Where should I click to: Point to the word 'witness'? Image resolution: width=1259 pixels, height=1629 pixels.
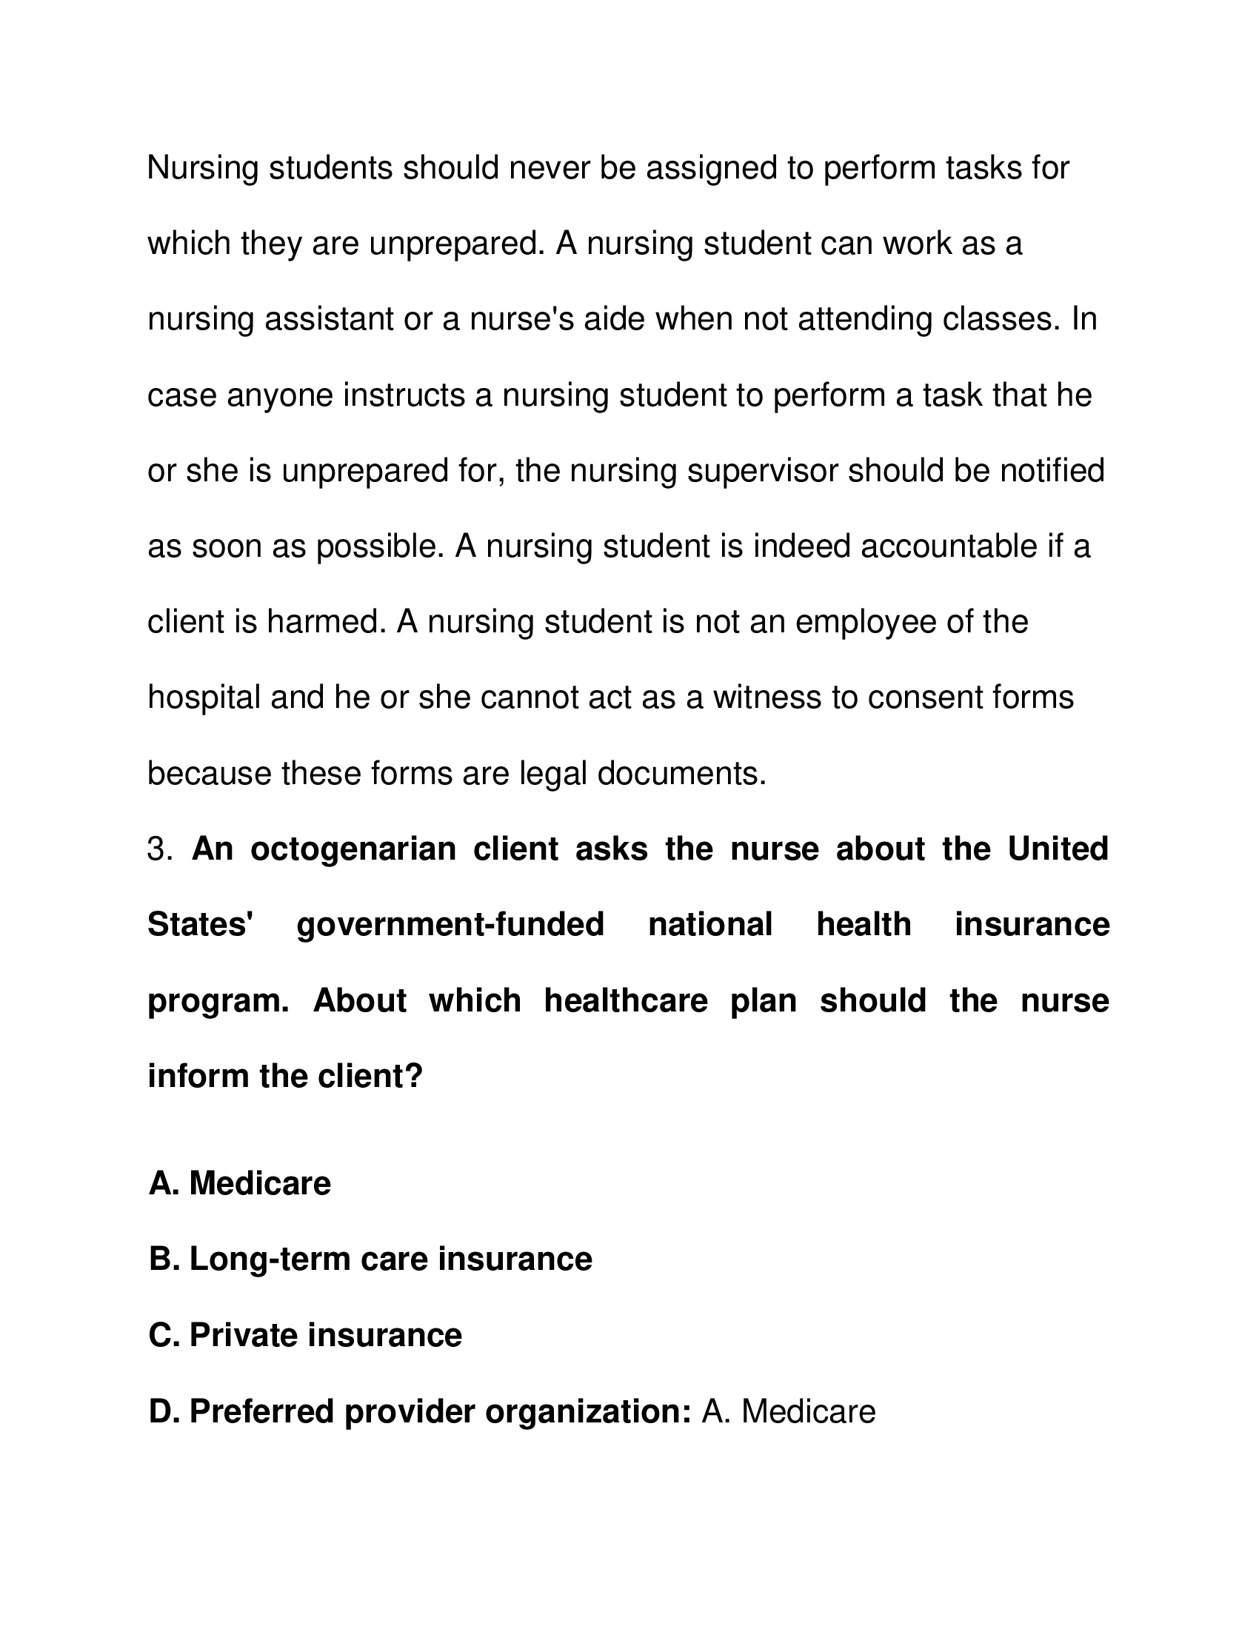770,698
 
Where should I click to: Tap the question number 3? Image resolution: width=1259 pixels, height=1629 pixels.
159,849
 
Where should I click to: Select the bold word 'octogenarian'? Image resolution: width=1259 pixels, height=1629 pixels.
353,849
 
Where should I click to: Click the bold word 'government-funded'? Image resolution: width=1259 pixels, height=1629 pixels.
450,926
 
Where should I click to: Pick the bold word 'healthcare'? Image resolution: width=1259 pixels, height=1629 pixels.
625,1001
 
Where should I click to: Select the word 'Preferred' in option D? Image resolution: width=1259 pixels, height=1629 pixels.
261,1411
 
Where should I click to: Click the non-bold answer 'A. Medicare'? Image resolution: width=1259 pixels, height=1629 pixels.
788,1411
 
